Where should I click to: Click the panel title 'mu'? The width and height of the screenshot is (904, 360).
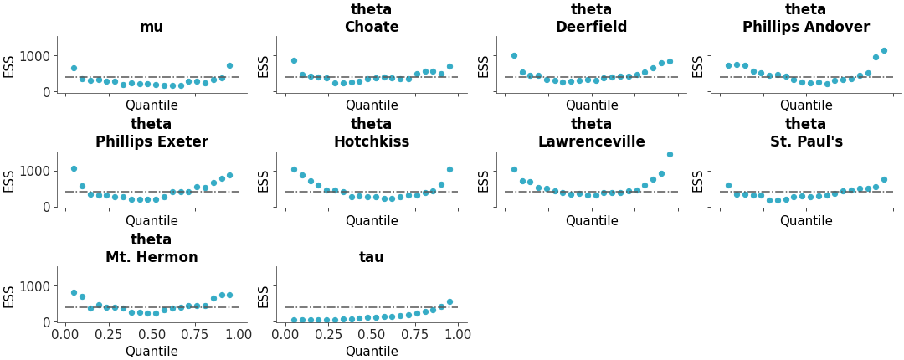point(152,27)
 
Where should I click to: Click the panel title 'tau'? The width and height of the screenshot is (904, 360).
point(372,257)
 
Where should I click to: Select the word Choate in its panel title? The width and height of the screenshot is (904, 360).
point(372,27)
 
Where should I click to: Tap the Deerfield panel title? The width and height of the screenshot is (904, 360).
point(591,27)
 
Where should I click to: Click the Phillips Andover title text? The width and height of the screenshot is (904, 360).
point(805,27)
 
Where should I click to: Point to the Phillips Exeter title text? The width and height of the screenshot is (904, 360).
point(152,141)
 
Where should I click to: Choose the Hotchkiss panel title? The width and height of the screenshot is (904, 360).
point(372,141)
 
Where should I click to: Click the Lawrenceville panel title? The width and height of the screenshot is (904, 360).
point(591,141)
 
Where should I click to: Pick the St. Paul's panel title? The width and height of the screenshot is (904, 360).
point(805,141)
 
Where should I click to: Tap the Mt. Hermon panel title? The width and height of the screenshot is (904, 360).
point(152,257)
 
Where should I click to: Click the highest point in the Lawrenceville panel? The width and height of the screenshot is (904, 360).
point(670,154)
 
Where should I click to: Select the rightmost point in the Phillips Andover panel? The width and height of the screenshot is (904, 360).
point(884,50)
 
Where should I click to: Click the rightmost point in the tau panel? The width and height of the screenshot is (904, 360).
point(449,301)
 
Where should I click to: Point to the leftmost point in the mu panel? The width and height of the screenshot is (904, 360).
point(74,68)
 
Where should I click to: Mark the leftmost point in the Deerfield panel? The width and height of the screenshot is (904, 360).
point(514,55)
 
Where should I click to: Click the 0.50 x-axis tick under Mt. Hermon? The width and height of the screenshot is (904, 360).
point(152,335)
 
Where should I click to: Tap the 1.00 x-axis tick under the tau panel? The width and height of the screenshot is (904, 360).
point(458,335)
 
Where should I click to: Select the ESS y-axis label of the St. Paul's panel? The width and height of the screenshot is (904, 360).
point(698,181)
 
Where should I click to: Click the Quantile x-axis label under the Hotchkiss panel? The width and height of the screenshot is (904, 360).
point(372,221)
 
